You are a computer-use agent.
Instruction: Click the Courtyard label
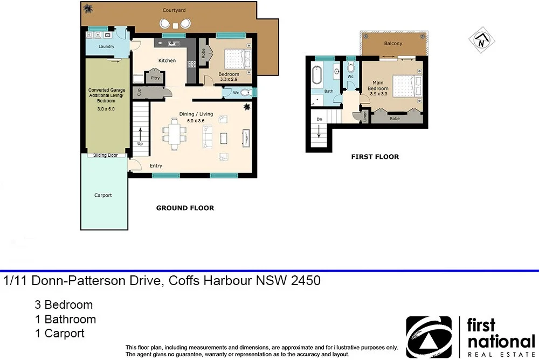(174, 10)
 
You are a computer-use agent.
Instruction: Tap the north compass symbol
(481, 40)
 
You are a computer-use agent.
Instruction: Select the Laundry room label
(106, 46)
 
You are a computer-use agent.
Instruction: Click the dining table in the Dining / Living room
(175, 134)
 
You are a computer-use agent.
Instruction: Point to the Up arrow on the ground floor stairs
(140, 133)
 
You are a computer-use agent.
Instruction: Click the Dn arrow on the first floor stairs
(319, 131)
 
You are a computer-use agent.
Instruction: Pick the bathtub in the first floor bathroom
(316, 74)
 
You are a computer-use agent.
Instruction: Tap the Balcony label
(393, 43)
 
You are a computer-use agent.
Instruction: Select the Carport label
(103, 195)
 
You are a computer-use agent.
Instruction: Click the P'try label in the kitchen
(155, 78)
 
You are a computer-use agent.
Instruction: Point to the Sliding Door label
(106, 155)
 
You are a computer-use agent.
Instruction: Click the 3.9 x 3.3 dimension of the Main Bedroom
(378, 94)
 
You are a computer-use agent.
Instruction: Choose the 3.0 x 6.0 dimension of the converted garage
(106, 109)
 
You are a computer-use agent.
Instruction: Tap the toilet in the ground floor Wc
(245, 93)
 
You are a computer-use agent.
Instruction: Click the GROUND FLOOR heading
(185, 208)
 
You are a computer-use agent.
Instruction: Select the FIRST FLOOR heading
(375, 157)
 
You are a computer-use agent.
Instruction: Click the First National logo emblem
(429, 337)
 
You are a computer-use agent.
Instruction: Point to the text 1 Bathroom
(65, 320)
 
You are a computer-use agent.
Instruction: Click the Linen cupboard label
(365, 116)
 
